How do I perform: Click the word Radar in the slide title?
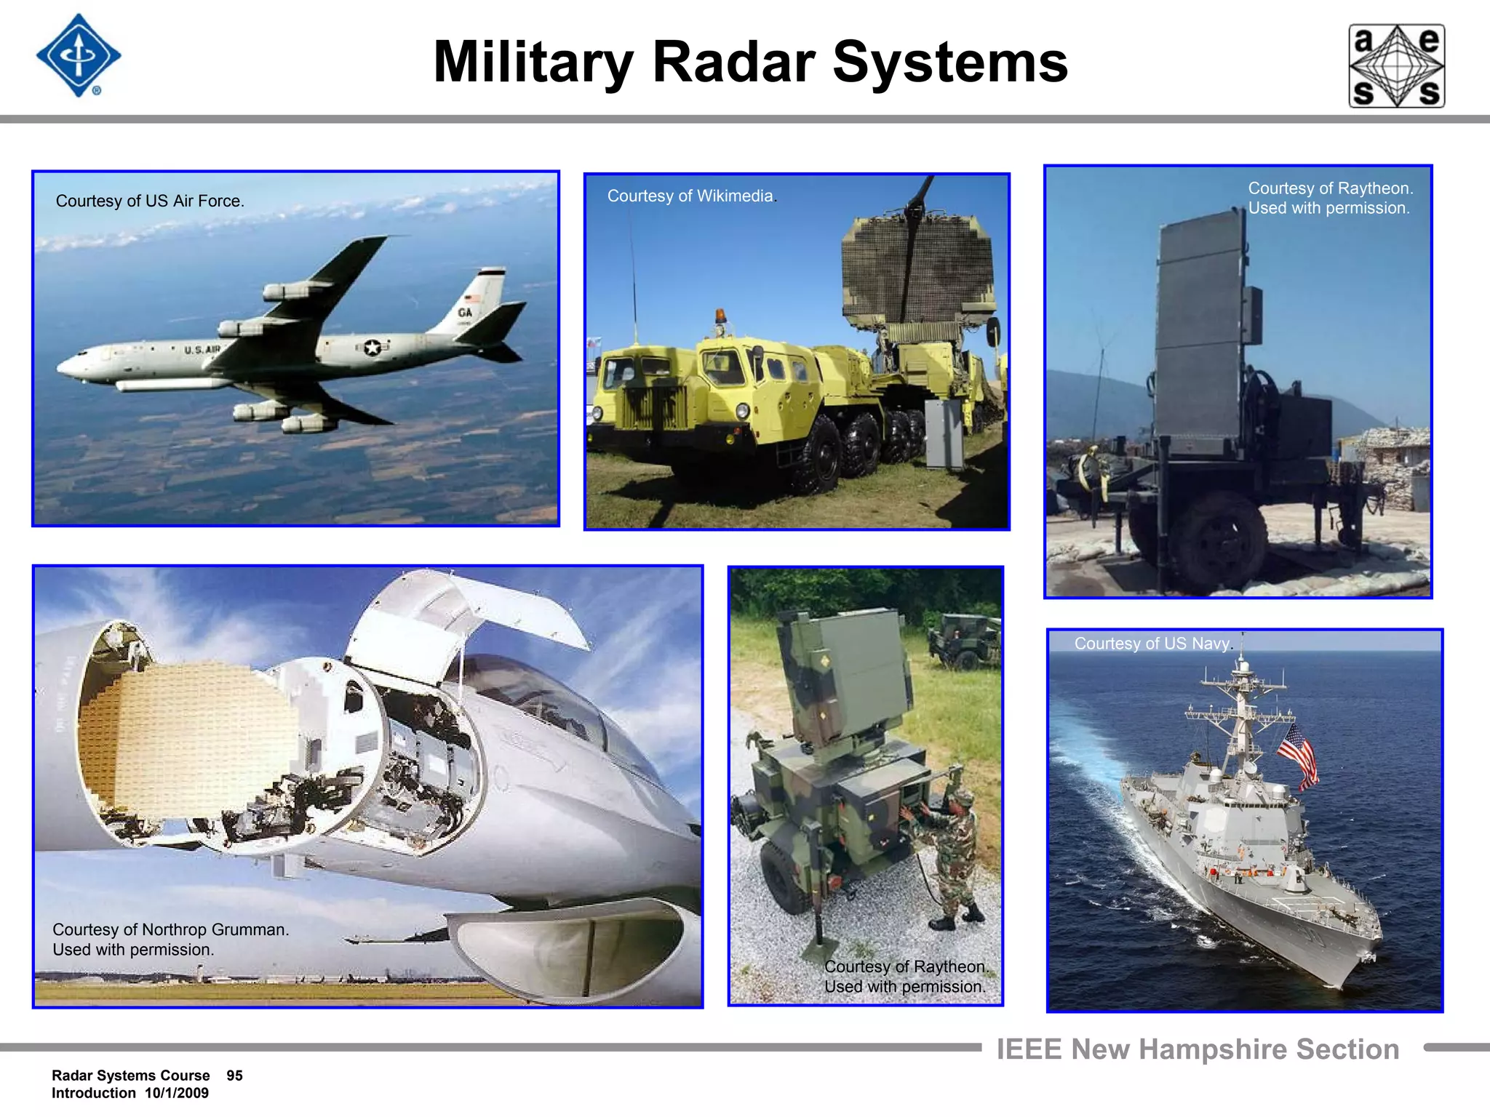(x=733, y=63)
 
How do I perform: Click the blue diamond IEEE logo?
(x=79, y=56)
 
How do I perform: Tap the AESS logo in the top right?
(x=1396, y=66)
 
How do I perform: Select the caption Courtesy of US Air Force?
(x=150, y=201)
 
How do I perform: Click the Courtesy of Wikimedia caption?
(x=692, y=196)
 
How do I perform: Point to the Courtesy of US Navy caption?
(x=1153, y=644)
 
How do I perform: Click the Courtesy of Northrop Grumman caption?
(x=170, y=940)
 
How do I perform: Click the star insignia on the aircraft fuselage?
(x=372, y=348)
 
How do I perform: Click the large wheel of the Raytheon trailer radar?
(x=1222, y=542)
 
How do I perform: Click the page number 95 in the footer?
(x=234, y=1076)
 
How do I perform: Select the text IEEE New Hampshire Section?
(x=1198, y=1049)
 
